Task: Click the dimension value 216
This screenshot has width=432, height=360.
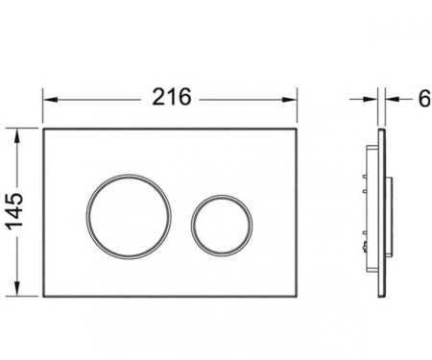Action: point(172,97)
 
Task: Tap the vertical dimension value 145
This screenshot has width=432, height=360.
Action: point(15,211)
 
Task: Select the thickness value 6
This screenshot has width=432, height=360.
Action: point(424,99)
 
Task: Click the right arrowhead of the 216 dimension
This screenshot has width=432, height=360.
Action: point(290,100)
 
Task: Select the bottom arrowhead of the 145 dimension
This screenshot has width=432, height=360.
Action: point(17,289)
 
